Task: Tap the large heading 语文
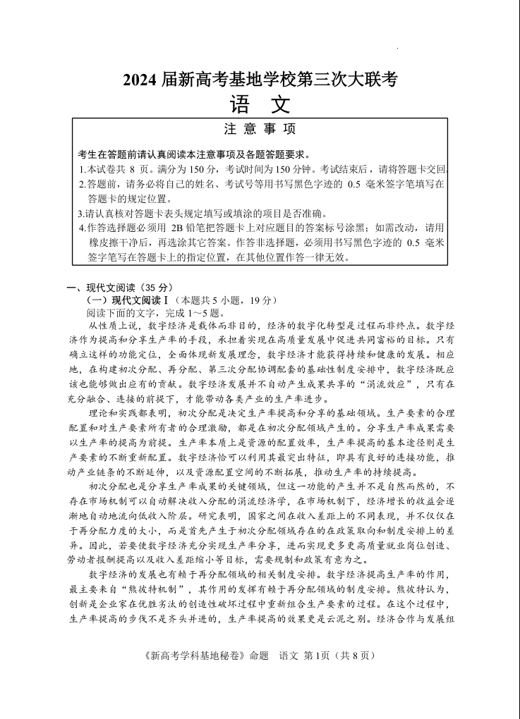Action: click(x=260, y=105)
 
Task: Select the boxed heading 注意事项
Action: click(x=260, y=129)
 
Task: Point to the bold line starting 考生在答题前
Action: click(x=194, y=154)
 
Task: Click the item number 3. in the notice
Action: click(x=81, y=213)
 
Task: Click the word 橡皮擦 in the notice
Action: click(x=104, y=242)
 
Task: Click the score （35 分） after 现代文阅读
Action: click(x=156, y=287)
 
